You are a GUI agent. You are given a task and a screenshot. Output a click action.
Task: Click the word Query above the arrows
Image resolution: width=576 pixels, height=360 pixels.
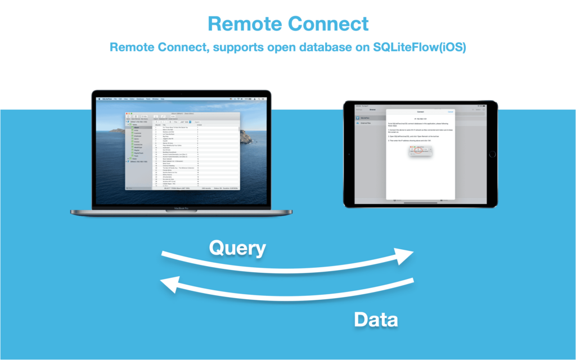click(x=237, y=247)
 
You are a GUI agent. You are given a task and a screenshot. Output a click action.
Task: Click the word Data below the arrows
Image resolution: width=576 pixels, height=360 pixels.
click(x=376, y=319)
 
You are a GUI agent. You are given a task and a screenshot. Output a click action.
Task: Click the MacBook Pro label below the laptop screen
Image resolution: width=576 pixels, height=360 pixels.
click(x=181, y=208)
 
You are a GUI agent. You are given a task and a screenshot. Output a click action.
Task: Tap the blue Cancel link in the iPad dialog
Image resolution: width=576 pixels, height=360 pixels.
click(x=450, y=112)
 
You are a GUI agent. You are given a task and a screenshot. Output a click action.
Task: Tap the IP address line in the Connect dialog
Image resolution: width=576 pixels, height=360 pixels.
click(x=420, y=119)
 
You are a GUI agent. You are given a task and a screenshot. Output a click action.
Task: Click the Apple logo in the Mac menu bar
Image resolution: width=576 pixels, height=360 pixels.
click(x=98, y=98)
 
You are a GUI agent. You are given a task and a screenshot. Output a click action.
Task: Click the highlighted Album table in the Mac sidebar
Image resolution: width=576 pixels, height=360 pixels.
click(x=138, y=128)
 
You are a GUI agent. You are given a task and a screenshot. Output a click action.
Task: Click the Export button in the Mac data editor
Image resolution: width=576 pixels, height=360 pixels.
click(x=197, y=121)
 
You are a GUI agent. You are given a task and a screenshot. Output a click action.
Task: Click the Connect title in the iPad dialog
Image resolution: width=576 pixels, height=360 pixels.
click(x=420, y=112)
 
